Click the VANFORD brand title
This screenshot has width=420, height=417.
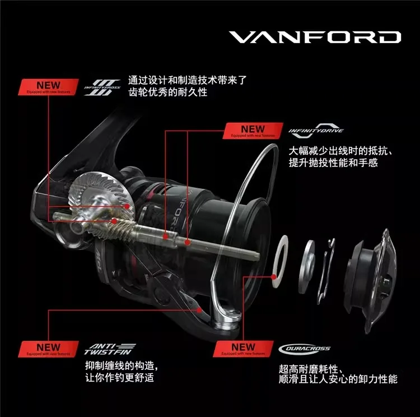(315, 37)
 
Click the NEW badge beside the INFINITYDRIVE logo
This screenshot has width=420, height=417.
(253, 131)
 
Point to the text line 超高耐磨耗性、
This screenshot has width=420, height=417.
(311, 369)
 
